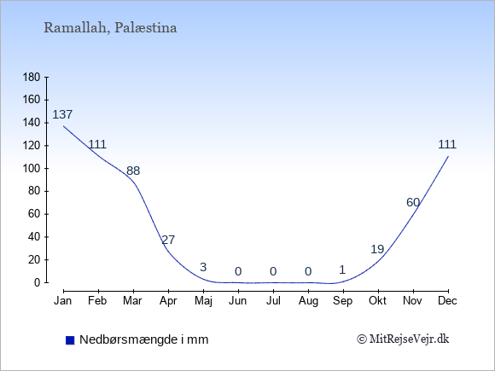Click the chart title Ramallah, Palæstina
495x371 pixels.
[110, 28]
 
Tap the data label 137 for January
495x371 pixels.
[62, 114]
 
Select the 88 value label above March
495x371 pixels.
[133, 171]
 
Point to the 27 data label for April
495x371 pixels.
[168, 240]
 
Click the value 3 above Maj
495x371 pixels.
[203, 267]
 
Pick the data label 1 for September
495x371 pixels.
[342, 270]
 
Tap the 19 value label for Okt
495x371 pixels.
[377, 249]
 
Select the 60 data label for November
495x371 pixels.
[413, 202]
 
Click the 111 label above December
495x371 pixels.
[447, 144]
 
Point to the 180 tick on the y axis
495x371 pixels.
[32, 77]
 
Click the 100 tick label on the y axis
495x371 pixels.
[32, 169]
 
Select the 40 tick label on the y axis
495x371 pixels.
[34, 237]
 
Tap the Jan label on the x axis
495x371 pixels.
[63, 301]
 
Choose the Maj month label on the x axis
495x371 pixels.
[203, 301]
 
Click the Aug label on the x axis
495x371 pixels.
[308, 301]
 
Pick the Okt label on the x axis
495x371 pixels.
[377, 301]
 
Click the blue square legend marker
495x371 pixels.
[70, 340]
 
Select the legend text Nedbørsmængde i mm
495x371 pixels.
[144, 339]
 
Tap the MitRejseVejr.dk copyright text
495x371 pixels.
[403, 339]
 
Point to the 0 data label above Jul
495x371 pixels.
[273, 271]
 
